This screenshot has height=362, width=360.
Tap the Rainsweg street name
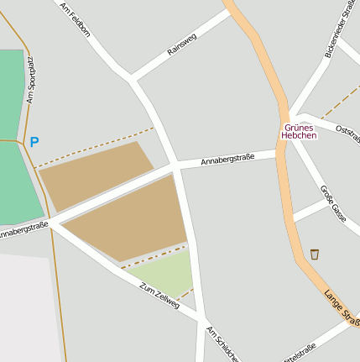[x=181, y=45]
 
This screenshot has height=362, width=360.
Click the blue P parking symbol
[x=34, y=143]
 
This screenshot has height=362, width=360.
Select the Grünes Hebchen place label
[x=299, y=132]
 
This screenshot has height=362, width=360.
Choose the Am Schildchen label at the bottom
[x=222, y=344]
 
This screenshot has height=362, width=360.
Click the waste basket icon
[x=315, y=254]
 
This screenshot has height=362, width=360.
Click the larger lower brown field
[x=130, y=220]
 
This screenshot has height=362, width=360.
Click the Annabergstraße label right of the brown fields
[x=227, y=158]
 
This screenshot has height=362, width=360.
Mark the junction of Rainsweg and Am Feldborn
[x=132, y=81]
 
